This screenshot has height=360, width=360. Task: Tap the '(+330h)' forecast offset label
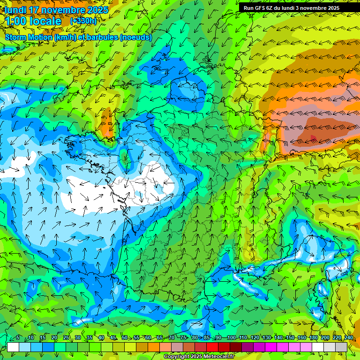[x=83, y=21]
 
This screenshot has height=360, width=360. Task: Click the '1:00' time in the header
[x=15, y=21]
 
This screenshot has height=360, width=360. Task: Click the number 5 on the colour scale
[x=18, y=337]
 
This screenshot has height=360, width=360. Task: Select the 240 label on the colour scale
[x=349, y=337]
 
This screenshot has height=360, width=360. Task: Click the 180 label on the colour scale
[x=313, y=337]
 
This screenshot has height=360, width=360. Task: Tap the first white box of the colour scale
[x=13, y=347]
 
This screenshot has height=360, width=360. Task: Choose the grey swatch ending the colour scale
[x=341, y=347]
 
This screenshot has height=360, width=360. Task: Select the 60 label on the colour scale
[x=148, y=337]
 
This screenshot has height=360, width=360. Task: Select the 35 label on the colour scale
[x=89, y=337]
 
